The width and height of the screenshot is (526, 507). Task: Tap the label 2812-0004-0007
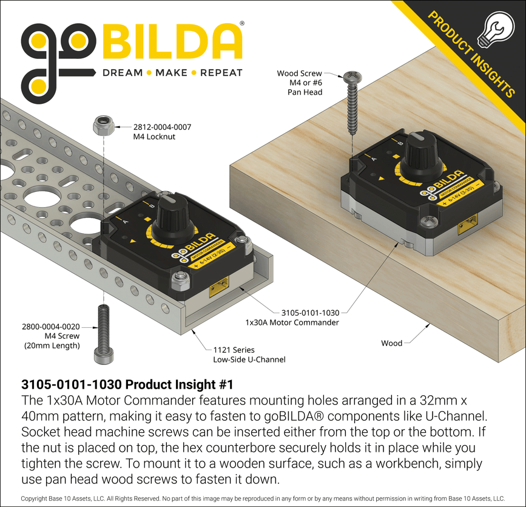point(162,127)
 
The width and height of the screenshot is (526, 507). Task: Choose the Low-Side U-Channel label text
point(249,359)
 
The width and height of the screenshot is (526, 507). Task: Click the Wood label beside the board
point(391,343)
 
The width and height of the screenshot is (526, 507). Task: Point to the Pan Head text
point(305,92)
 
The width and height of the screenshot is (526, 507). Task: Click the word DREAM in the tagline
point(122,73)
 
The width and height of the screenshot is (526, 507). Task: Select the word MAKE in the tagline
point(171,73)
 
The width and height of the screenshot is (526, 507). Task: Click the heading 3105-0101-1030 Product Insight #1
point(127,384)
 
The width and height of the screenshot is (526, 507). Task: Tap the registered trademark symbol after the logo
point(243,23)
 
